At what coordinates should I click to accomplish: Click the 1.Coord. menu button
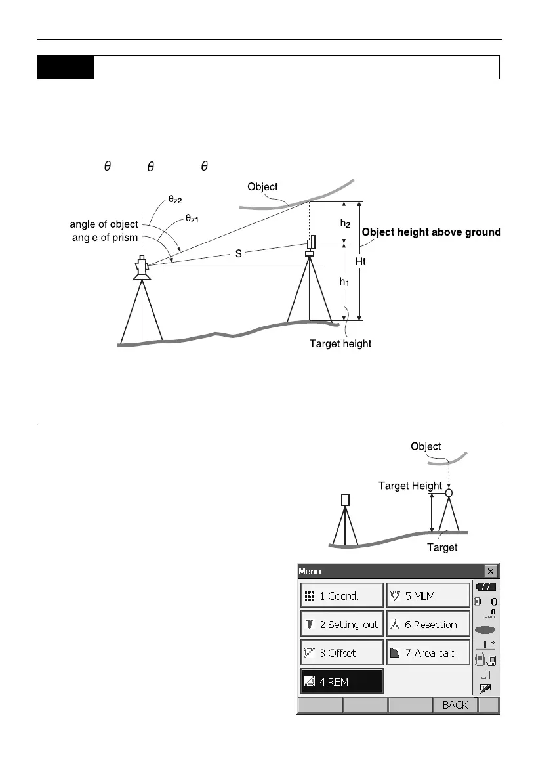(342, 596)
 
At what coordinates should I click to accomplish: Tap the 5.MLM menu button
(428, 596)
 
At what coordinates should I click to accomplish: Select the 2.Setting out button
(342, 624)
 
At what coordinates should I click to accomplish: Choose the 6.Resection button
(428, 624)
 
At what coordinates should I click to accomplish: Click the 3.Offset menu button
(342, 653)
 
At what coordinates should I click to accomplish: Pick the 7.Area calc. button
(428, 653)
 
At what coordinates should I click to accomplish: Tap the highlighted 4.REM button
(342, 682)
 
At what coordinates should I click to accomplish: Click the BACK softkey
(455, 705)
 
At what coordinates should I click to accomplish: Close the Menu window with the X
(490, 571)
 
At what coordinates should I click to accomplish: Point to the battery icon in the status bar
(486, 587)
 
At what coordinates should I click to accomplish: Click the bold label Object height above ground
(431, 232)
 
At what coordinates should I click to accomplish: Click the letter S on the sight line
(239, 253)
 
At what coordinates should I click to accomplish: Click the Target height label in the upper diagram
(340, 344)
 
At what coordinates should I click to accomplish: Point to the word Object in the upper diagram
(262, 186)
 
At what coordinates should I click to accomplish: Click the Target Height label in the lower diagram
(410, 486)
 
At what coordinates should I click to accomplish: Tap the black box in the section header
(65, 67)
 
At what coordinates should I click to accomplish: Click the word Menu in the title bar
(310, 571)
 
